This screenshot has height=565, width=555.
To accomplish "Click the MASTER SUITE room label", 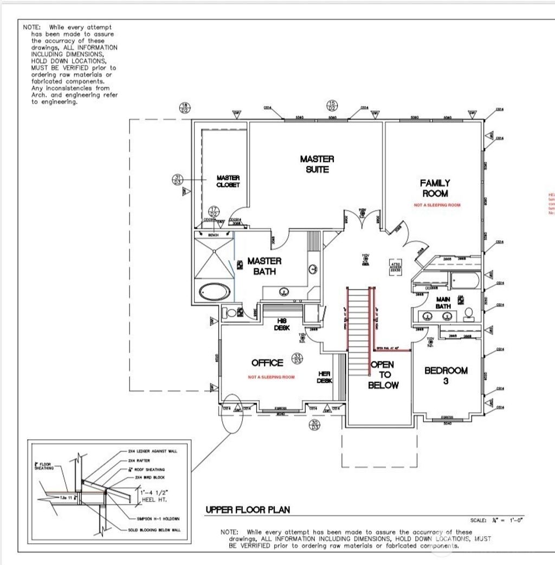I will click(317, 164).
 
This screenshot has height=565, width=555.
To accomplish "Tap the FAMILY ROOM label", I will click(434, 188).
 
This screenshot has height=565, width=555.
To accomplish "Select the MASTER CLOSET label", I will click(228, 181).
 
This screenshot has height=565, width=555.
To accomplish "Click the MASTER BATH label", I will click(264, 266).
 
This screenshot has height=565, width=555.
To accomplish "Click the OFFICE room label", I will click(267, 363).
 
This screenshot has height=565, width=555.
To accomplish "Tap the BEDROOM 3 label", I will click(446, 375).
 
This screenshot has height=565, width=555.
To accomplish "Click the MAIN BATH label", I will click(443, 302).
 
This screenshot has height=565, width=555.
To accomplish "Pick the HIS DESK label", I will click(282, 324).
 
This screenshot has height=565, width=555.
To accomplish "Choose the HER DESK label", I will click(324, 377).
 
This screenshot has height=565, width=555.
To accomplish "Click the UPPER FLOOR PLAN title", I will click(247, 510).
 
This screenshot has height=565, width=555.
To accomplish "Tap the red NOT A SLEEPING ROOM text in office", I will click(271, 377).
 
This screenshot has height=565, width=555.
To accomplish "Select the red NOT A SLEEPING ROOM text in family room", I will click(437, 206).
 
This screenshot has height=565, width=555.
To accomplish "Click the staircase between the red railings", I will click(358, 331).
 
